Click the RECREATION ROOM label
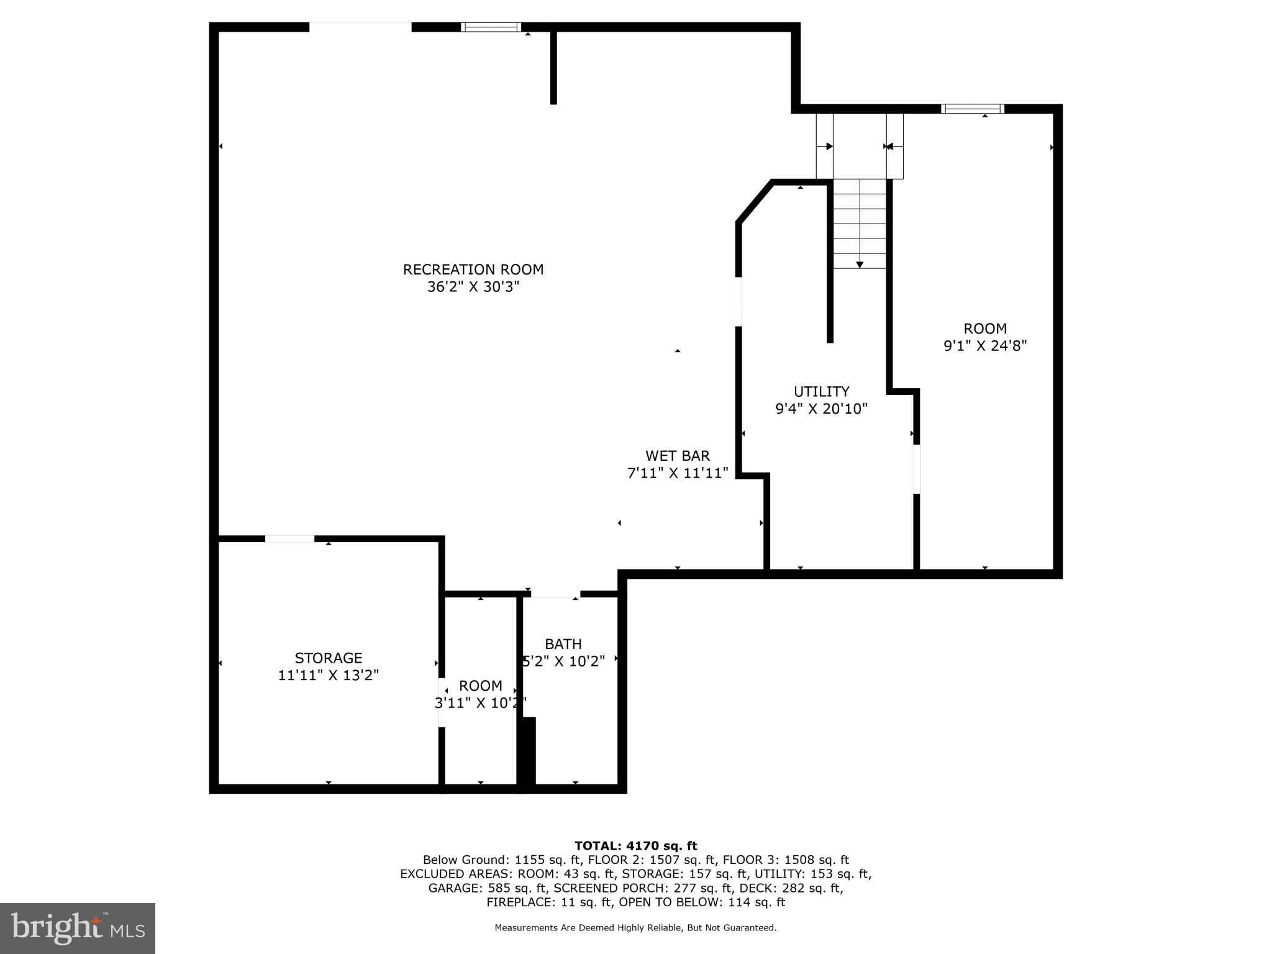(473, 270)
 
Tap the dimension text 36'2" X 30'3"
(473, 287)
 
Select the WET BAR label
(677, 456)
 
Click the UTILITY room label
(821, 391)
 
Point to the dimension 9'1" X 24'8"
(985, 346)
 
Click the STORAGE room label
(328, 658)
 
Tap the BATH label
(563, 644)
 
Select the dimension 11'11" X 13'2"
(328, 675)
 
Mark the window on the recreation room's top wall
(491, 27)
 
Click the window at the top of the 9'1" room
(972, 109)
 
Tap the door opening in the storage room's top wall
(289, 538)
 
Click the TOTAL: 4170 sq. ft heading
(635, 845)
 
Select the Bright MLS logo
(78, 928)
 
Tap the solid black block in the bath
(527, 754)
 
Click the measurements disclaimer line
(635, 928)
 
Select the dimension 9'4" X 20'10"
(821, 409)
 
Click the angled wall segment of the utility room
(755, 201)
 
